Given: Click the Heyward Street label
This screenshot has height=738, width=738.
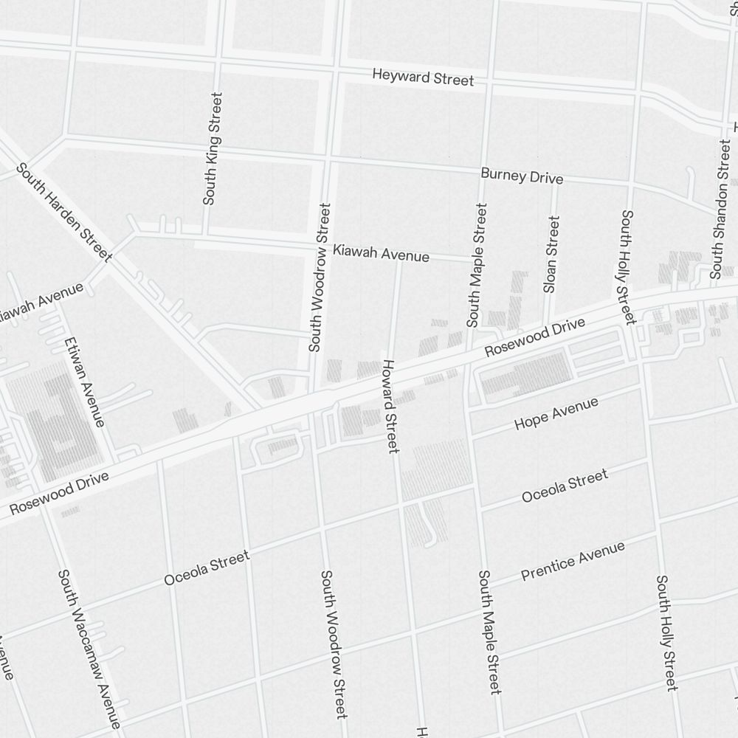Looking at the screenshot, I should pos(423,77).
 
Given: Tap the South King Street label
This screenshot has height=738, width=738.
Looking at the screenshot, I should pos(212,148).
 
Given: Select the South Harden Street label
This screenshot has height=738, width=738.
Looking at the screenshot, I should pos(64,213).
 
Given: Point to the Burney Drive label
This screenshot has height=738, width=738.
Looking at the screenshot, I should pos(522,176).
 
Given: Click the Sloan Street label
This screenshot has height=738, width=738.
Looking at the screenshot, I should pos(551,254).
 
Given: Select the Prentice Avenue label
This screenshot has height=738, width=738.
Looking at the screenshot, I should pos(573,561).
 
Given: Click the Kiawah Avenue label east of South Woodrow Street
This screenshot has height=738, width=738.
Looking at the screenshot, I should pos(381,253).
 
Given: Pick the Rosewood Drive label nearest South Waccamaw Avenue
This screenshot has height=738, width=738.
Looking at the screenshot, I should pos(59,494).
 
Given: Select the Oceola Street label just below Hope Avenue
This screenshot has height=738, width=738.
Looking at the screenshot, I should pos(565,486).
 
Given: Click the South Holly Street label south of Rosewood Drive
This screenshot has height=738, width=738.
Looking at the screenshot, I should pos(666,633).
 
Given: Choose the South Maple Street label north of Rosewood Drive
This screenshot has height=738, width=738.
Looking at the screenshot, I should pos(477,266).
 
